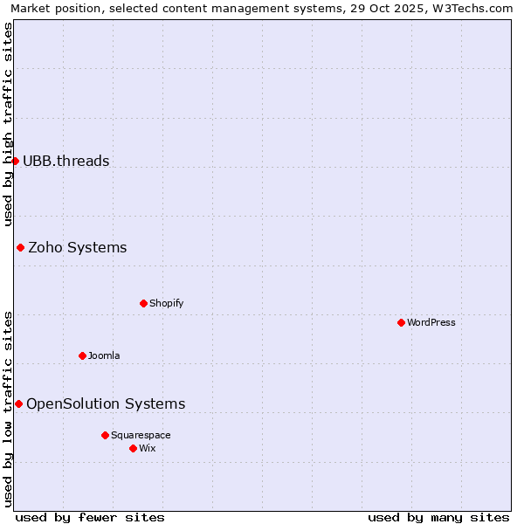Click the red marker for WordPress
pyautogui.click(x=401, y=322)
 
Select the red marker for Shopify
pyautogui.click(x=143, y=303)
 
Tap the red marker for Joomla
pyautogui.click(x=82, y=355)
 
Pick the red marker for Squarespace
pyautogui.click(x=105, y=435)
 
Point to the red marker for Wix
pyautogui.click(x=133, y=448)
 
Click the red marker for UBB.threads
pyautogui.click(x=15, y=161)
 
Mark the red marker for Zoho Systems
pyautogui.click(x=20, y=247)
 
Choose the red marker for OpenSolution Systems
pyautogui.click(x=18, y=403)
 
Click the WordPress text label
pyautogui.click(x=431, y=322)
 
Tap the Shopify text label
pyautogui.click(x=167, y=303)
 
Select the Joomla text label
pyautogui.click(x=104, y=355)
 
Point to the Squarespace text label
pyautogui.click(x=141, y=435)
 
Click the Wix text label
pyautogui.click(x=148, y=448)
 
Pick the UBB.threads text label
pyautogui.click(x=66, y=161)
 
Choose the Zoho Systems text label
pyautogui.click(x=78, y=247)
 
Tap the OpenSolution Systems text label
pyautogui.click(x=106, y=403)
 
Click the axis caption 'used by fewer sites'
pyautogui.click(x=90, y=517)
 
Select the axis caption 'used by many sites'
pyautogui.click(x=438, y=517)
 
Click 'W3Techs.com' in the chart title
pyautogui.click(x=475, y=8)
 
